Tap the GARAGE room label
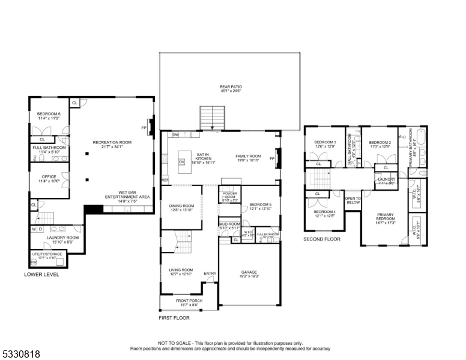(249, 274)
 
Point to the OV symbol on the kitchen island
(181, 162)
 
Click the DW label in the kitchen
(175, 135)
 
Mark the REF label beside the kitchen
(165, 180)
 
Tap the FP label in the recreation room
(144, 128)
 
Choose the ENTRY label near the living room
(210, 274)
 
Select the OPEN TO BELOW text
(353, 200)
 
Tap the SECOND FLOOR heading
(322, 239)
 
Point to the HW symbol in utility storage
(34, 262)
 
